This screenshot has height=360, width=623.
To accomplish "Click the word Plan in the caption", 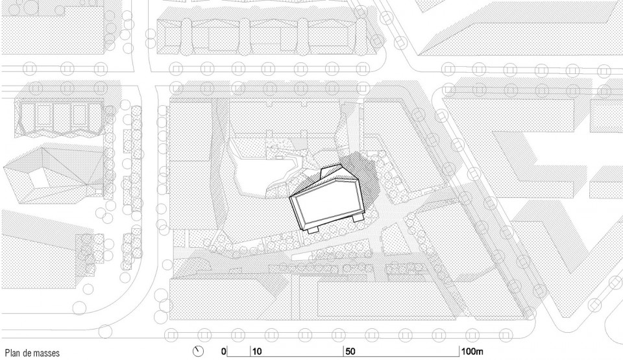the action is pos(12,353).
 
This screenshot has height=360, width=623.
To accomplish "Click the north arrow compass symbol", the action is pos(198,352).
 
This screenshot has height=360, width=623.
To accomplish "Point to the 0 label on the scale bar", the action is pos(224,352).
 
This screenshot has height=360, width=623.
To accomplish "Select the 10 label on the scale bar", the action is pos(257,352).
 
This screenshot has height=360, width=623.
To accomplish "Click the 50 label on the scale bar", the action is pos(350,352).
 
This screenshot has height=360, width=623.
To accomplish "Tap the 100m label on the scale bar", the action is pos(472,352).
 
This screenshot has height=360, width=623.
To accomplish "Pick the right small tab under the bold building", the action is pos(358,218).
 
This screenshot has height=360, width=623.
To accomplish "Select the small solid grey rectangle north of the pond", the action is pos(301,141).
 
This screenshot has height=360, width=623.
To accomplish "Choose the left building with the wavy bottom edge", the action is pos(60,117).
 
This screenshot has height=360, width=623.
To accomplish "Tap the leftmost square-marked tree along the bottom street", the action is pos(171,335).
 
